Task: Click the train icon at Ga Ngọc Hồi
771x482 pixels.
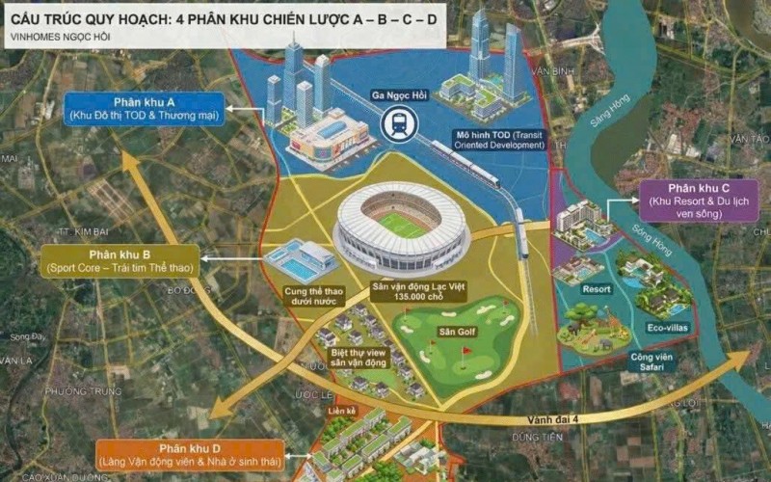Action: [x=398, y=122]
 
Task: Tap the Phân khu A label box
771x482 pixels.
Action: [x=143, y=109]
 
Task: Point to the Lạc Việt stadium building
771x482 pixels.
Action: [x=401, y=226]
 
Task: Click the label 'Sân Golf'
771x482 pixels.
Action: [x=454, y=333]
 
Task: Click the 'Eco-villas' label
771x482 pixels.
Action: [x=665, y=327]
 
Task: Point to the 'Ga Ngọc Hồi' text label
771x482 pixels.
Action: [x=398, y=95]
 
